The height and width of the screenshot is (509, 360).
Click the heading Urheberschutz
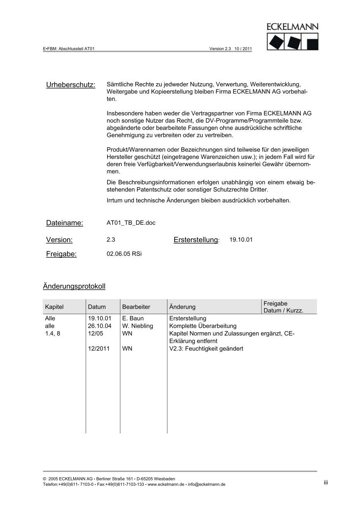70,85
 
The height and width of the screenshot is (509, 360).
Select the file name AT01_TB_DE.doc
131,223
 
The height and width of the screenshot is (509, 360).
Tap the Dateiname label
65,223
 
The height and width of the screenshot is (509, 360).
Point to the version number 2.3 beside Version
111,240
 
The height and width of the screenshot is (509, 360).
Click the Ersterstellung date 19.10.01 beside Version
241,240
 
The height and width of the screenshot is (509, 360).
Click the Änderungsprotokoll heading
74,286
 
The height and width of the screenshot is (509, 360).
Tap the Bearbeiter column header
136,307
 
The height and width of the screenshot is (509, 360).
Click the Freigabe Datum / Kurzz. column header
283,307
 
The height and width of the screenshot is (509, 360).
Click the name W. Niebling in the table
137,326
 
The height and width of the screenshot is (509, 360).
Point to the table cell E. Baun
133,319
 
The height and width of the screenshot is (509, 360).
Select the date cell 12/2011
99,349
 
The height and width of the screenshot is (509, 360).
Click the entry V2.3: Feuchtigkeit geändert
206,349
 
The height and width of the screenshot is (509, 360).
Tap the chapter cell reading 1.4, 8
53,334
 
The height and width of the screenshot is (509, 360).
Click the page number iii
326,483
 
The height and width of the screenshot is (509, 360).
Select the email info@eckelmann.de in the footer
206,485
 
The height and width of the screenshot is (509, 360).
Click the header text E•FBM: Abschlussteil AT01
69,48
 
